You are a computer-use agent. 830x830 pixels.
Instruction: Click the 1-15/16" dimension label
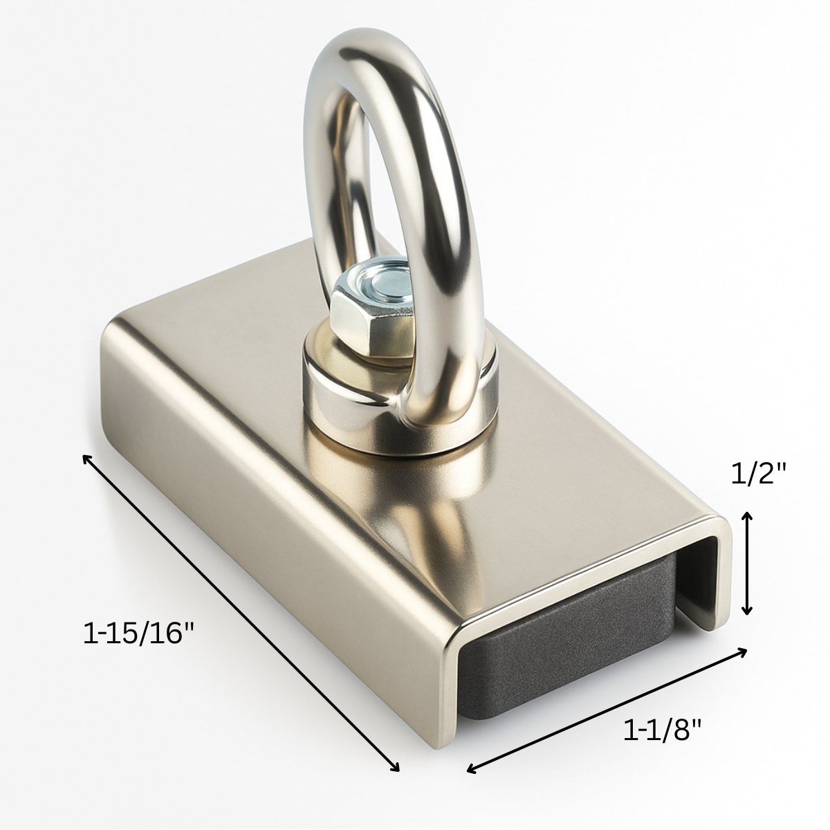coord(139,633)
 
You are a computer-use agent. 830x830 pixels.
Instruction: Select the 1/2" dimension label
coord(759,474)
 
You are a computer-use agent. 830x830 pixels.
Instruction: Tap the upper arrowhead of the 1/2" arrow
coord(746,515)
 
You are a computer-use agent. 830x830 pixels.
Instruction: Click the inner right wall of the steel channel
coord(705,574)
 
